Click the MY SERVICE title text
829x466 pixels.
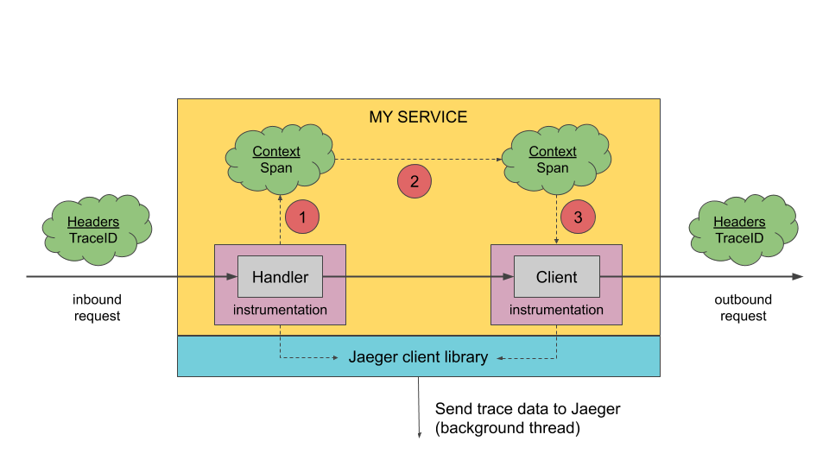tap(418, 117)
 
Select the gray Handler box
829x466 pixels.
tap(280, 277)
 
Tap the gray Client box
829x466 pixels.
tap(556, 277)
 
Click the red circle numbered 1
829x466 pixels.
tap(302, 216)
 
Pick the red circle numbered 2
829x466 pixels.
tap(414, 181)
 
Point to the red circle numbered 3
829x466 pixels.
tap(578, 216)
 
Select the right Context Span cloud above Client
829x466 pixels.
tap(553, 159)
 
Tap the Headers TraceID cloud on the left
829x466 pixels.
tap(93, 230)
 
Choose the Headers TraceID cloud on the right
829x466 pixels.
tap(739, 230)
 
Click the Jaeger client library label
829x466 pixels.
tap(418, 356)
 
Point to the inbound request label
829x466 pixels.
tap(97, 308)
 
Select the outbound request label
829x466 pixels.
tap(743, 308)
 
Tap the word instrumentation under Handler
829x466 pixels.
tap(280, 310)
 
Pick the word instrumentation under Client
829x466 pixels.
tap(556, 310)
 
